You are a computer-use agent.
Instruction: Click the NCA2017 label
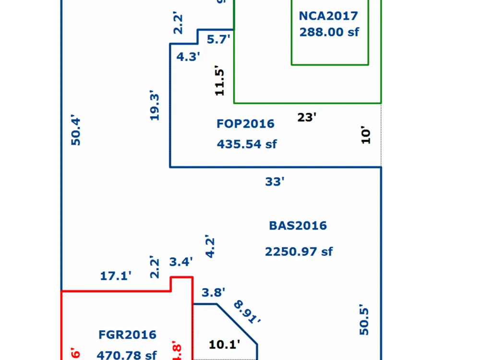pyautogui.click(x=328, y=16)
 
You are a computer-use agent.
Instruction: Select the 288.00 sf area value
pyautogui.click(x=329, y=32)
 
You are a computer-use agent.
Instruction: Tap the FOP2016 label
pyautogui.click(x=245, y=124)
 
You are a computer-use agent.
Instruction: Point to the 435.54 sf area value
pyautogui.click(x=247, y=144)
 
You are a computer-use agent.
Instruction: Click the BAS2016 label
pyautogui.click(x=298, y=226)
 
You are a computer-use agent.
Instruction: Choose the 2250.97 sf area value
pyautogui.click(x=299, y=252)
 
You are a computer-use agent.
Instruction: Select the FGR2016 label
pyautogui.click(x=127, y=335)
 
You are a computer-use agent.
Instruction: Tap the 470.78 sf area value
pyautogui.click(x=127, y=355)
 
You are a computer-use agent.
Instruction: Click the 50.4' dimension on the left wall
pyautogui.click(x=76, y=130)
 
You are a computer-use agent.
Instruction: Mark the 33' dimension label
pyautogui.click(x=275, y=182)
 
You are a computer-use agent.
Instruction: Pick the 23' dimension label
pyautogui.click(x=307, y=117)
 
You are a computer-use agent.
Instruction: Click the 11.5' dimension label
pyautogui.click(x=219, y=81)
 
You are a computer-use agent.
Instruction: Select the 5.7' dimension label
pyautogui.click(x=219, y=40)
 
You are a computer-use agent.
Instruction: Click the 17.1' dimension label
pyautogui.click(x=116, y=276)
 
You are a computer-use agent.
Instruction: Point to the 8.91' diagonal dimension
pyautogui.click(x=247, y=312)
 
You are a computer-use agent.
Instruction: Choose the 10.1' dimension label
pyautogui.click(x=225, y=344)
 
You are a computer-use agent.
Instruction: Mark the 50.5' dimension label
pyautogui.click(x=364, y=321)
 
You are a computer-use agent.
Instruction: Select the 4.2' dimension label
pyautogui.click(x=210, y=247)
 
